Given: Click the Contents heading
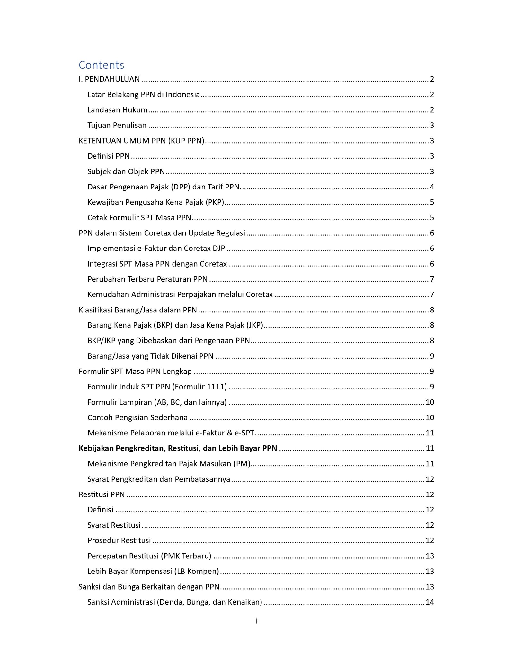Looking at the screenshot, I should pyautogui.click(x=101, y=65).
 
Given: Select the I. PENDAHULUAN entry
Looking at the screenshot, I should pyautogui.click(x=109, y=79).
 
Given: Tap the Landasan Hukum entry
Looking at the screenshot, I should pyautogui.click(x=117, y=110).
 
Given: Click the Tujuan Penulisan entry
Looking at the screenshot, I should pyautogui.click(x=117, y=125).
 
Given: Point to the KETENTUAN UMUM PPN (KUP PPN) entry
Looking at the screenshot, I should pyautogui.click(x=141, y=141).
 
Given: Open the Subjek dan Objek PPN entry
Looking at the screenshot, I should pyautogui.click(x=126, y=171).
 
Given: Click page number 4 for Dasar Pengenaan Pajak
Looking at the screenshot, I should pyautogui.click(x=432, y=187).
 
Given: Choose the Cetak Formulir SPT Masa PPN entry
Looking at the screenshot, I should pyautogui.click(x=139, y=218).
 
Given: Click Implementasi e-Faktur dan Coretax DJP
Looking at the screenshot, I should pyautogui.click(x=156, y=248).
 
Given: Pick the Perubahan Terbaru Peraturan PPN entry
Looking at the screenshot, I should pyautogui.click(x=147, y=279).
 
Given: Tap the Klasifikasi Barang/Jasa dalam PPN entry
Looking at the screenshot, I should pyautogui.click(x=138, y=310).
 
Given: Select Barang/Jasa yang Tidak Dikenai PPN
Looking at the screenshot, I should pyautogui.click(x=150, y=356).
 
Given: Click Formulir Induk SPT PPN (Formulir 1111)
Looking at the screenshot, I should pyautogui.click(x=157, y=387).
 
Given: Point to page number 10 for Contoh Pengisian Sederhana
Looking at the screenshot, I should pyautogui.click(x=430, y=417).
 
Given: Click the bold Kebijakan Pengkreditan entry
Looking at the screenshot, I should pyautogui.click(x=178, y=448).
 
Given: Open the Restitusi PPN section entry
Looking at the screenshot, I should pyautogui.click(x=102, y=494).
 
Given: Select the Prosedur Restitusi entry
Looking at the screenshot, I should pyautogui.click(x=119, y=540).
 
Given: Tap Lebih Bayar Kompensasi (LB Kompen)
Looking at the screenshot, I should pyautogui.click(x=153, y=571).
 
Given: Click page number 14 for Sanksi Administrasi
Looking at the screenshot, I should pyautogui.click(x=430, y=602).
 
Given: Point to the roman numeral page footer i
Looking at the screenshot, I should pyautogui.click(x=257, y=621).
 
